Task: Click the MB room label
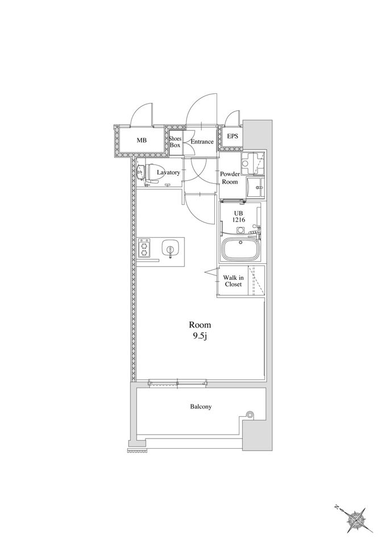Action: pyautogui.click(x=142, y=140)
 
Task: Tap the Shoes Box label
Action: pyautogui.click(x=175, y=142)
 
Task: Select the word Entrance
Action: pyautogui.click(x=202, y=142)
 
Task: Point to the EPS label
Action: pyautogui.click(x=233, y=136)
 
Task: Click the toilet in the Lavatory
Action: pyautogui.click(x=152, y=172)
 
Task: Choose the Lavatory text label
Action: pyautogui.click(x=168, y=172)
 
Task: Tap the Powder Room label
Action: pyautogui.click(x=230, y=178)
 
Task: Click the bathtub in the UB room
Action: pyautogui.click(x=240, y=249)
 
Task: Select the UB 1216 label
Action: pyautogui.click(x=239, y=216)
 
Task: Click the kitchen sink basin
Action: pyautogui.click(x=170, y=249)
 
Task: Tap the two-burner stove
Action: pyautogui.click(x=144, y=247)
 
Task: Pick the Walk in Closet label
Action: pyautogui.click(x=233, y=280)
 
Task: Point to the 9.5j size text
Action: pyautogui.click(x=200, y=337)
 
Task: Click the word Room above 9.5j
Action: pyautogui.click(x=200, y=325)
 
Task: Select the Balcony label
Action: pyautogui.click(x=201, y=406)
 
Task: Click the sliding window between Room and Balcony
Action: pyautogui.click(x=177, y=383)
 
